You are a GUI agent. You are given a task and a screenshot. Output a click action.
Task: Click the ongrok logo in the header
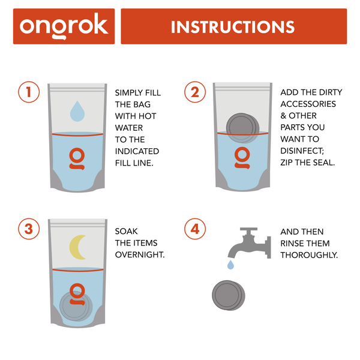[64, 26]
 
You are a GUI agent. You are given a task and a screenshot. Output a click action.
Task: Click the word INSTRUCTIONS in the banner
[233, 26]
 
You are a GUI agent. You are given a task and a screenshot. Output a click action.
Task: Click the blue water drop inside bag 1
[77, 111]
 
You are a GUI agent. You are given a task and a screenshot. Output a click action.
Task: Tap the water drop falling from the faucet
[230, 265]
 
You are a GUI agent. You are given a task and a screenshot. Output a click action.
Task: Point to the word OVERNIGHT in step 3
[140, 254]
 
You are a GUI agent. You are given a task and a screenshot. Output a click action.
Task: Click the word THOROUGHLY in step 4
[310, 254]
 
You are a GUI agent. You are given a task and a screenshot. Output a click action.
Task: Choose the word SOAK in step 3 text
[126, 232]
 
